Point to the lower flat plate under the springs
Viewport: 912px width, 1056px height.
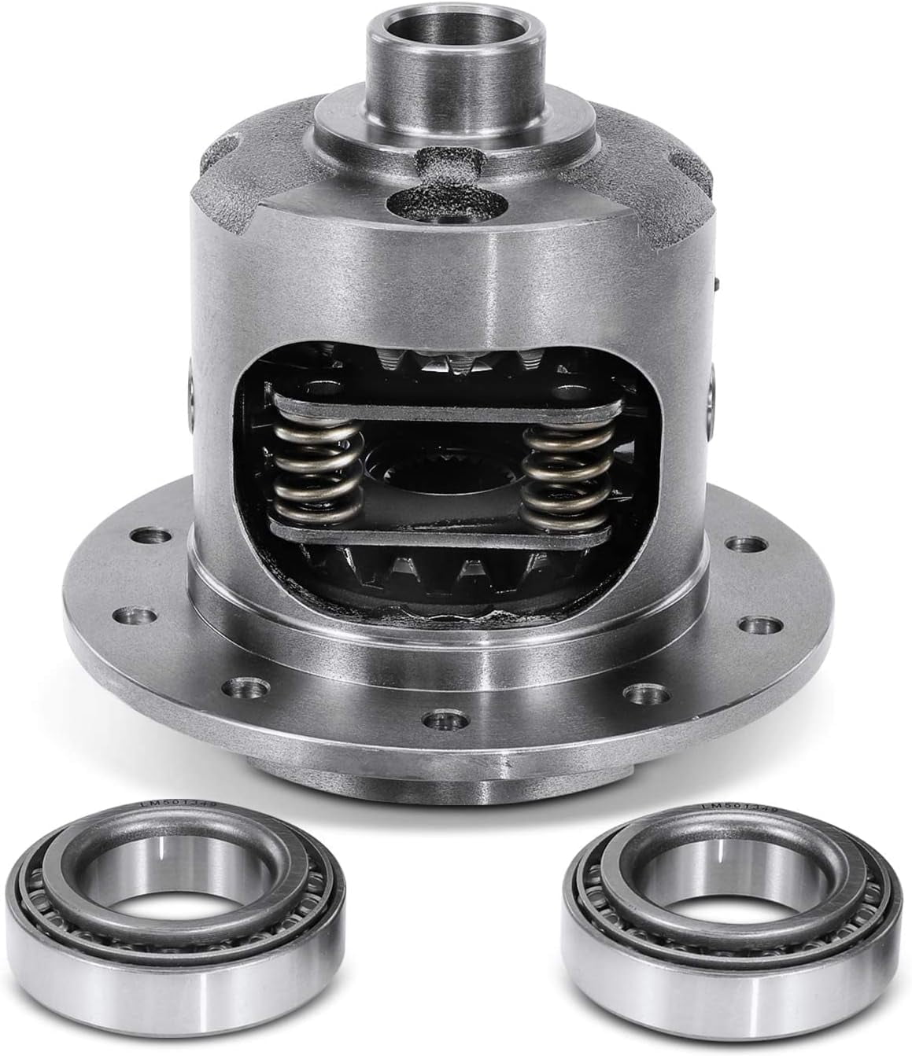click(x=441, y=538)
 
